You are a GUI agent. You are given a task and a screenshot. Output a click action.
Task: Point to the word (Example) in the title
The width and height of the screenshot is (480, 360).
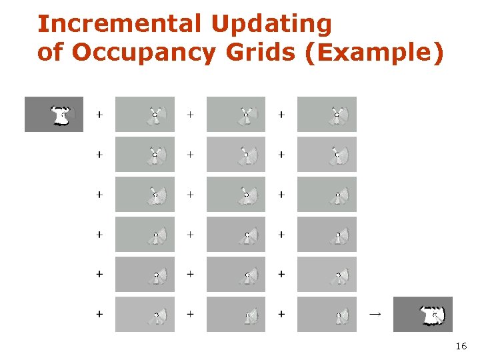(x=373, y=53)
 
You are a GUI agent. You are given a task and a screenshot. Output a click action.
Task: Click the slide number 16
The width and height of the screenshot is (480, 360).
(x=461, y=347)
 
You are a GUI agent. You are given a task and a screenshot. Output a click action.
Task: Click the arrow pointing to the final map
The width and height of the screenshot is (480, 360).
(x=375, y=313)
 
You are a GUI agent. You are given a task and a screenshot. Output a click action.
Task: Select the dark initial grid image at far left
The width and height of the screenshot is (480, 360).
(x=54, y=114)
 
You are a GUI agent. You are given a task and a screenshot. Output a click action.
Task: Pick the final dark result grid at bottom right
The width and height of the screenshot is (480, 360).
(x=423, y=314)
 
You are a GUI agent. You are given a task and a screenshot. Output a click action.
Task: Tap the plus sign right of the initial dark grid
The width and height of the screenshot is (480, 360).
(x=99, y=115)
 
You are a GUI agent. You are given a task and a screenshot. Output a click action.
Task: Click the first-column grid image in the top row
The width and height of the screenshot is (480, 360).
(x=145, y=114)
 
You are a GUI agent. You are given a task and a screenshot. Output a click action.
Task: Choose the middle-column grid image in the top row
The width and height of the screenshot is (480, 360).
(x=236, y=114)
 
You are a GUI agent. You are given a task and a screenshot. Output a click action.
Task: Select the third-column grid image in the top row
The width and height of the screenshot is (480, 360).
(x=327, y=114)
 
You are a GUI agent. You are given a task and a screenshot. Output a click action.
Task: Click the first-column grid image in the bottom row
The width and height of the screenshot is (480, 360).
(x=145, y=314)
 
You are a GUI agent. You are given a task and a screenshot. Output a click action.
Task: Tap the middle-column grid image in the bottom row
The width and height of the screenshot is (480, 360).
(x=236, y=314)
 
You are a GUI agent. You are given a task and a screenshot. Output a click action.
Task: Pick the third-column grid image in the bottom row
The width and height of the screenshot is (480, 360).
(x=327, y=314)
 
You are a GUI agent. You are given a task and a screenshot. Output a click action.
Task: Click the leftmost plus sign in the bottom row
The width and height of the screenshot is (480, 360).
(x=99, y=313)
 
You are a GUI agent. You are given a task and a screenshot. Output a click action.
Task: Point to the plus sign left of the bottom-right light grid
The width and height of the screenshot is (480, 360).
(x=281, y=313)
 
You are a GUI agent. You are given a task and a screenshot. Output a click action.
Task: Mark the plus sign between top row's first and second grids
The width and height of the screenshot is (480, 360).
(x=191, y=115)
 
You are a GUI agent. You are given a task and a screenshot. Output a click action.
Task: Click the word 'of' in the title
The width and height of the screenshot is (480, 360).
(x=50, y=53)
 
